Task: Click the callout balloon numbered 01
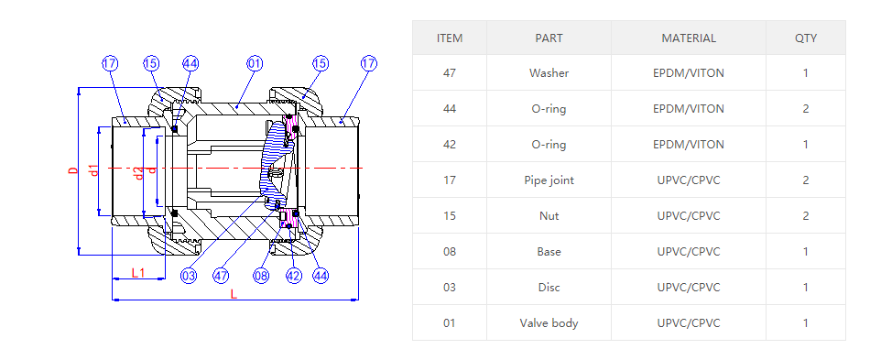[255, 64]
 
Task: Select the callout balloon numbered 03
[189, 276]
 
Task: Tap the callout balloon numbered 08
[261, 276]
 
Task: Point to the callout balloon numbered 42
[294, 276]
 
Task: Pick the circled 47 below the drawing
[221, 276]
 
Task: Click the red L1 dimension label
[138, 272]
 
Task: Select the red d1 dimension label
[94, 170]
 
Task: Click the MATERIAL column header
[689, 38]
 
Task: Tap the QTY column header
[806, 38]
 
